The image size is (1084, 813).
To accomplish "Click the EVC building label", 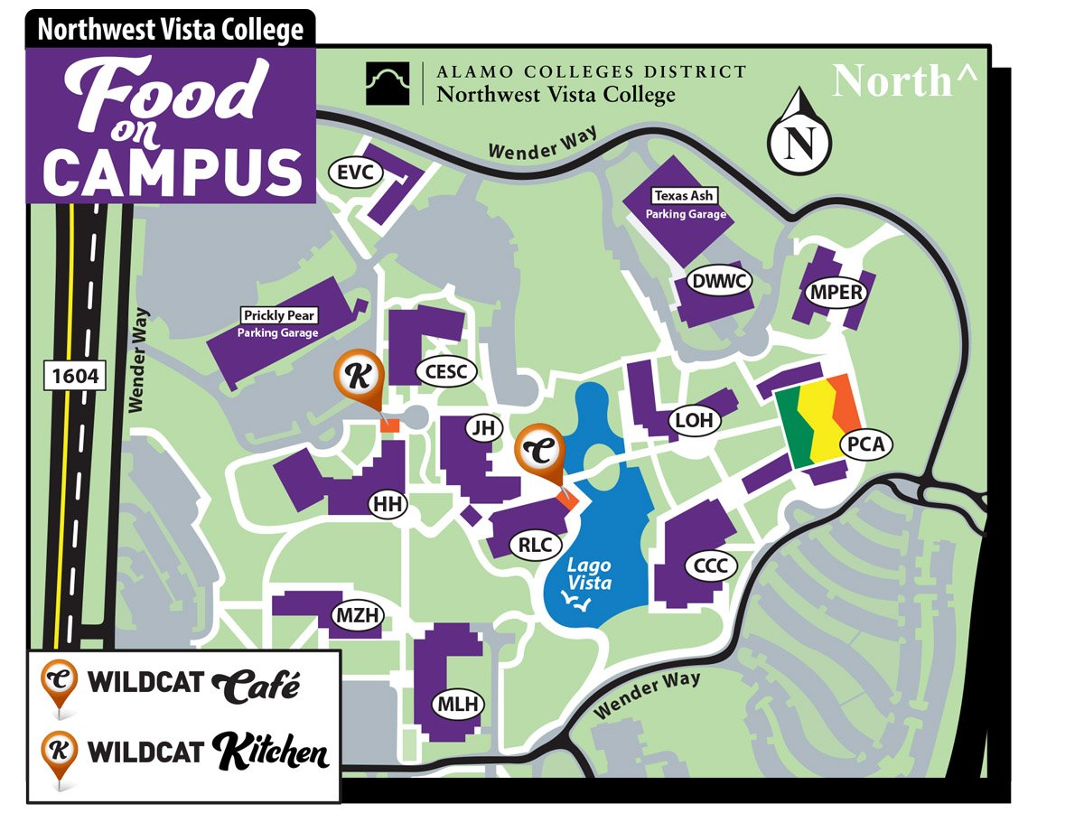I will click(x=355, y=173).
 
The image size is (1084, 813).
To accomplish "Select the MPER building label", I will click(x=836, y=293).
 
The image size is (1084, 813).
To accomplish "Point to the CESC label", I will click(x=445, y=370).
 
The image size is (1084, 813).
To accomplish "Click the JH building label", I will click(x=485, y=428).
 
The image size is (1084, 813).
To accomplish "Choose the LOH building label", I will click(x=694, y=420).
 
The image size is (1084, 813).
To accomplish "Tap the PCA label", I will click(x=865, y=444).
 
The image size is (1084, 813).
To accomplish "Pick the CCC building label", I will click(x=711, y=566).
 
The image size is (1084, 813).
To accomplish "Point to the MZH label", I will click(x=359, y=616).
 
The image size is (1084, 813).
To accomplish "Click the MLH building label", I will click(x=459, y=705).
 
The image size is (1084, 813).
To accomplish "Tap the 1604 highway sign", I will click(x=75, y=375).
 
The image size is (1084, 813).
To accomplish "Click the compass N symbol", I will click(x=799, y=142).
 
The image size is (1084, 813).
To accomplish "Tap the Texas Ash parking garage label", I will click(x=684, y=196).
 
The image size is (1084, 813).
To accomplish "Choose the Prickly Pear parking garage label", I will click(x=277, y=316).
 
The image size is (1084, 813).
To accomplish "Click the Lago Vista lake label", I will click(x=588, y=575).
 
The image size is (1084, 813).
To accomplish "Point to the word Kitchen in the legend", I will click(x=270, y=752).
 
